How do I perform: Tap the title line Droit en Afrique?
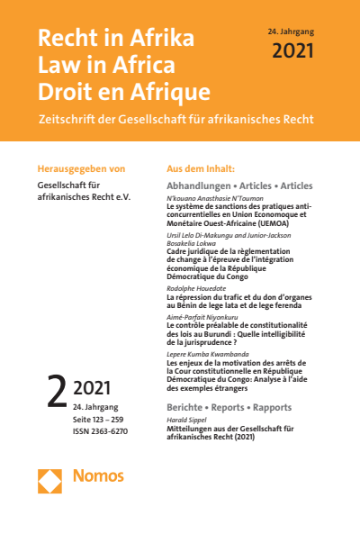coord(123,91)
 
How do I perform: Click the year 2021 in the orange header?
coord(292,50)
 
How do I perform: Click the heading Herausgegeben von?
coord(79,168)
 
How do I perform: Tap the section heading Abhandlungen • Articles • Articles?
coord(239,186)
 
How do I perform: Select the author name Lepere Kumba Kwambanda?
coord(206,356)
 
